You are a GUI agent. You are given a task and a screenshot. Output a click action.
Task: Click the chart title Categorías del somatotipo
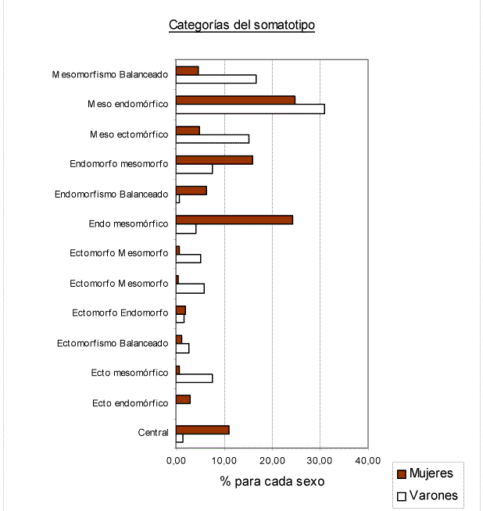[x=241, y=25]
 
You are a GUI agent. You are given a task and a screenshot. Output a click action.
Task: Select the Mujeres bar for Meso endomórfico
[x=235, y=100]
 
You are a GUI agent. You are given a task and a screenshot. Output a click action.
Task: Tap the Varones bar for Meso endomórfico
[x=250, y=109]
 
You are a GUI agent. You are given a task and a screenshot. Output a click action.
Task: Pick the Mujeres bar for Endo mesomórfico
[x=234, y=220]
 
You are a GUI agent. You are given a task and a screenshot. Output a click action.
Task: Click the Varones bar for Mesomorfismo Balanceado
[x=216, y=79]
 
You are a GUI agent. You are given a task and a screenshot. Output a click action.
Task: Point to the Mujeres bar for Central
[x=202, y=430]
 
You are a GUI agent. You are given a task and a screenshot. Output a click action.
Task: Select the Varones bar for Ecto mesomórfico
[x=195, y=378]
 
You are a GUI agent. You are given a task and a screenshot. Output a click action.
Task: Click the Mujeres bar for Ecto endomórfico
[x=183, y=399]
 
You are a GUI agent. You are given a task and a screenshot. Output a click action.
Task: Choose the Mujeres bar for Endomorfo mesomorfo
[x=214, y=160]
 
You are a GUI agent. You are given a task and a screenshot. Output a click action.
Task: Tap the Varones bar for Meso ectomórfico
[x=213, y=139]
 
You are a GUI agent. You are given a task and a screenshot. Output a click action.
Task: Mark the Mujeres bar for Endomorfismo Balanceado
[x=191, y=191]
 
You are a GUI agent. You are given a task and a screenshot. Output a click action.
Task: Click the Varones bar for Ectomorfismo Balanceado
[x=183, y=348]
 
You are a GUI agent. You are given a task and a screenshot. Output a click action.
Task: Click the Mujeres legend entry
[x=425, y=473]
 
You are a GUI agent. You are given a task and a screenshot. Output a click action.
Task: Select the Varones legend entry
[x=428, y=495]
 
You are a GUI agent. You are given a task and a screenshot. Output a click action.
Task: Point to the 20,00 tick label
[x=273, y=460]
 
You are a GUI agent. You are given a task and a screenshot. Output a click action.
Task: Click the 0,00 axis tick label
[x=176, y=460]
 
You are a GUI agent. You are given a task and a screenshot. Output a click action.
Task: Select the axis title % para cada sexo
[x=272, y=481]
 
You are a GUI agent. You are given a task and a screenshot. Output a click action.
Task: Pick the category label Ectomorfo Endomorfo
[x=120, y=313]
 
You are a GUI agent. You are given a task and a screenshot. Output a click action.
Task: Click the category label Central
[x=153, y=432]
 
